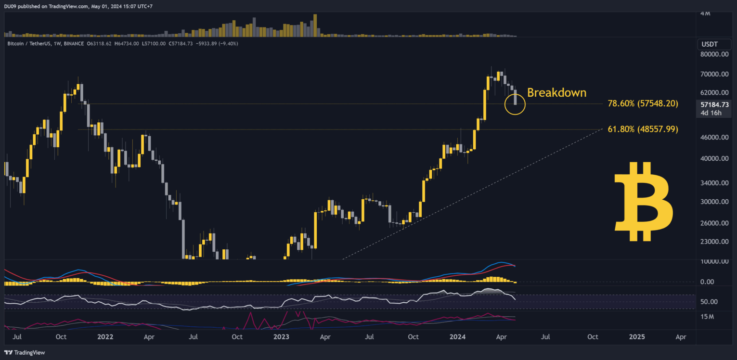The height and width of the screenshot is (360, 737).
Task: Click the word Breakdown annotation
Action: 556,92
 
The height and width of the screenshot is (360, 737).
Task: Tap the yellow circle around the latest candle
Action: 515,104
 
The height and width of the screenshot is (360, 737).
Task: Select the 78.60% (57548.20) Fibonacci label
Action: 643,103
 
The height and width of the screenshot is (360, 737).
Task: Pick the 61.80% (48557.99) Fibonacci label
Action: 643,129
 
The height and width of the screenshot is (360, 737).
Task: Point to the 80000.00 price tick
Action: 714,54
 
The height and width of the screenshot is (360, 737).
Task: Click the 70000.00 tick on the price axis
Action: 714,74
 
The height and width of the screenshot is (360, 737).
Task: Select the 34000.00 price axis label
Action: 714,183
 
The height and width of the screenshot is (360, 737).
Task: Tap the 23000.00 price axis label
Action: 714,242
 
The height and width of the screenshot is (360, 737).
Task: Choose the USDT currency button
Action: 710,44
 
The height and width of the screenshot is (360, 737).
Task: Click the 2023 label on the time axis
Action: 281,337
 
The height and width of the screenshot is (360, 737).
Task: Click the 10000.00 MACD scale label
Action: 714,261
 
